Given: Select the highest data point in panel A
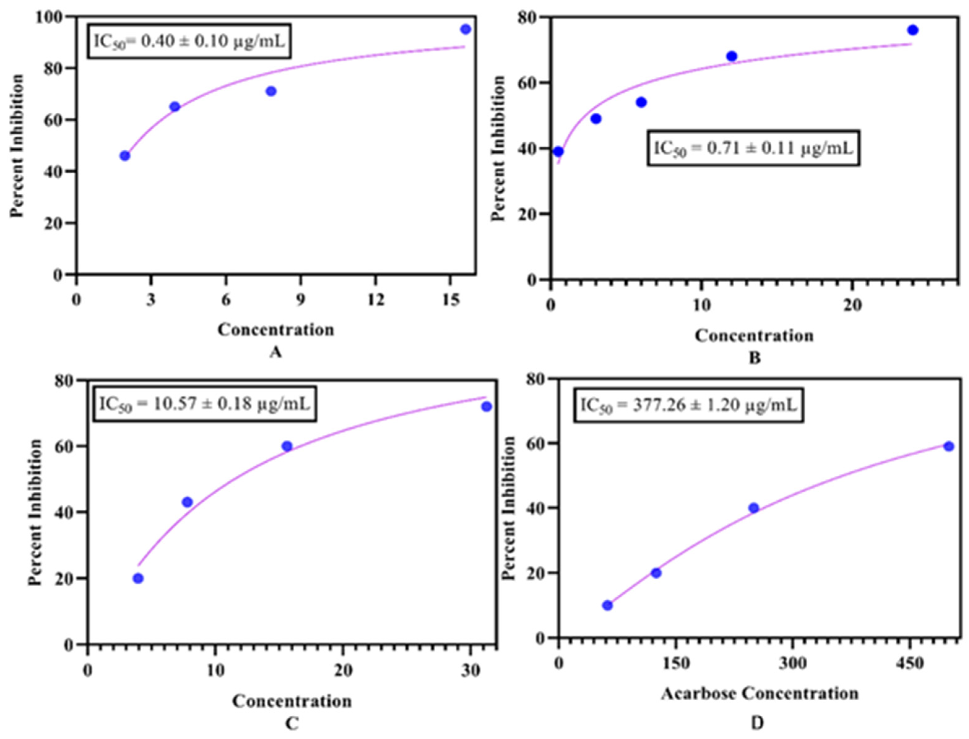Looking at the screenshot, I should [466, 29].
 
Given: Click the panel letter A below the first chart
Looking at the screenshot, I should [276, 352].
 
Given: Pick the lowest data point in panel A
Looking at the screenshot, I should [125, 156].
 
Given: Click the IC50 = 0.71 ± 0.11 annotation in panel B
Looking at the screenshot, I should [753, 148].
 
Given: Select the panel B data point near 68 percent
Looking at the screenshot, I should [732, 56].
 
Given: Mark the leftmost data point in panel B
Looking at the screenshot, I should [558, 152].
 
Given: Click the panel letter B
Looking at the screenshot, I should [755, 358].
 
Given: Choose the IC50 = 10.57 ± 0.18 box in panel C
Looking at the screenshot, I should [205, 404].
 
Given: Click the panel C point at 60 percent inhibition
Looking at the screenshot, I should [287, 446].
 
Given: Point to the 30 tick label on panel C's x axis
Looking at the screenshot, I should [471, 670].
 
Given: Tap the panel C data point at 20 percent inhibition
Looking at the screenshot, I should [138, 578].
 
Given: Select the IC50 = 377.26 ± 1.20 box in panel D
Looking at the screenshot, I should [688, 405].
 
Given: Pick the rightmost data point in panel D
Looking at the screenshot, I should [949, 446].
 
